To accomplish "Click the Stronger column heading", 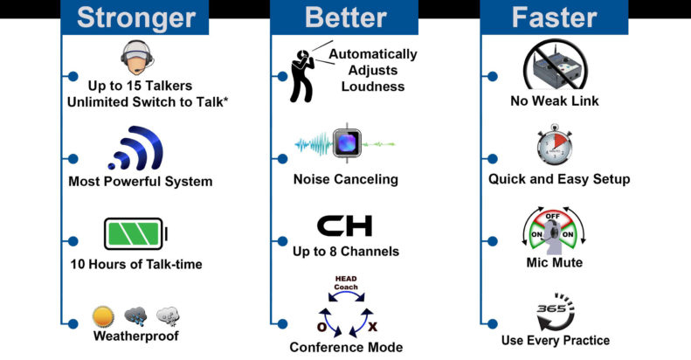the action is [x=136, y=17].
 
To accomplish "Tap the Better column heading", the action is [x=346, y=17].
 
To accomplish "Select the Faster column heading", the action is [x=554, y=17].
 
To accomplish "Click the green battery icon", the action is [x=135, y=234].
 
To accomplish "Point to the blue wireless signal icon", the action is [x=136, y=148].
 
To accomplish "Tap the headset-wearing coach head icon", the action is [x=138, y=58].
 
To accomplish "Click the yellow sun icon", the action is [x=104, y=317].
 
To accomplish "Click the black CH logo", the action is [x=344, y=225].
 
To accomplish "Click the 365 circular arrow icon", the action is [x=556, y=312].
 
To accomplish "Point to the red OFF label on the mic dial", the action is [x=553, y=217].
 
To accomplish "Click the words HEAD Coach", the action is [x=346, y=283].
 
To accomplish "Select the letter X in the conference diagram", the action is [x=373, y=327].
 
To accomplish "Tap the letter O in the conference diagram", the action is [x=322, y=327].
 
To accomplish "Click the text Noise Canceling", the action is [x=346, y=179].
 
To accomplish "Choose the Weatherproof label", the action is [x=136, y=336].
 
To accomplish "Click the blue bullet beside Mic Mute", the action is [x=492, y=241].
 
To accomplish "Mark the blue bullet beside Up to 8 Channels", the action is [x=282, y=241].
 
